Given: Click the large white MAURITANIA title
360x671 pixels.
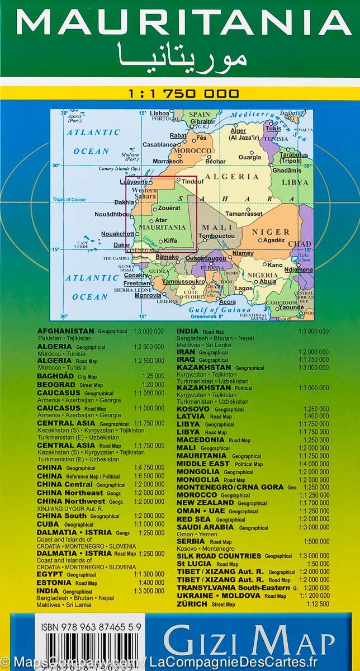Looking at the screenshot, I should pos(180,23).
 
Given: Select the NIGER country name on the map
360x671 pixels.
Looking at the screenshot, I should pos(271,232).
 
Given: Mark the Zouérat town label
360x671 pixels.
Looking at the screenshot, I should pos(169,207).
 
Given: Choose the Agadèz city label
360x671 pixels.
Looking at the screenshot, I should pos(274,240).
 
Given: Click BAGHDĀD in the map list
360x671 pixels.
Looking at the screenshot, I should pos(55,376).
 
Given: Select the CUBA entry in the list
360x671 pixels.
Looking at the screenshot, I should pos(48,524).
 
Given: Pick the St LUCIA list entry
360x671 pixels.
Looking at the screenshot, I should pos(196,564).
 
